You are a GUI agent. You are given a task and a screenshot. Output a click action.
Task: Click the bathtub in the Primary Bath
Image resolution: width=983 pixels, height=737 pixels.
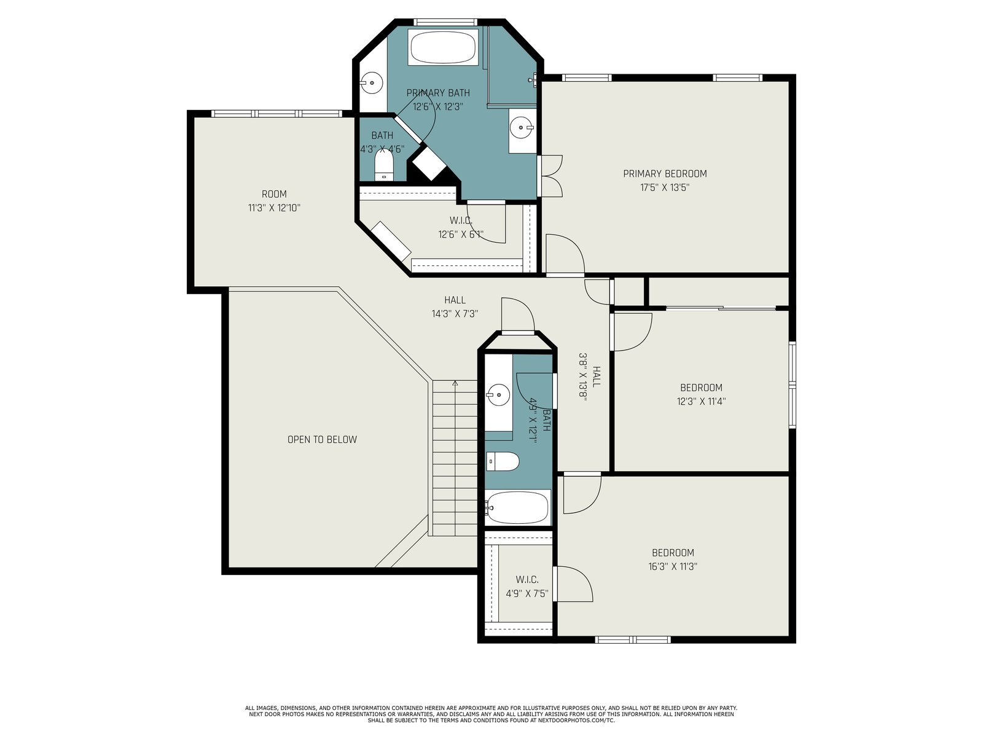(442, 47)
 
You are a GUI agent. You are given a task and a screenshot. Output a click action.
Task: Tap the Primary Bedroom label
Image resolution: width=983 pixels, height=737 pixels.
(665, 174)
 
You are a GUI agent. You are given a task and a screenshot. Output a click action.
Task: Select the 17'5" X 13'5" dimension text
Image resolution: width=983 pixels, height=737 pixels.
(665, 187)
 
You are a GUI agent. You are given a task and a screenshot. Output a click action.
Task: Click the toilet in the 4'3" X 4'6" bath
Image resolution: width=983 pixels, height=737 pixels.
(383, 165)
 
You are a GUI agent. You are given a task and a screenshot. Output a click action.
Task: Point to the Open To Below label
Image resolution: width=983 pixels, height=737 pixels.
(322, 439)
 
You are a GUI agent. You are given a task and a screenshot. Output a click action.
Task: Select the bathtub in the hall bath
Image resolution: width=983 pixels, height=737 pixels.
(518, 507)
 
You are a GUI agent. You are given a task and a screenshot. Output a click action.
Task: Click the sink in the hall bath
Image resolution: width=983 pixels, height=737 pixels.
(498, 395)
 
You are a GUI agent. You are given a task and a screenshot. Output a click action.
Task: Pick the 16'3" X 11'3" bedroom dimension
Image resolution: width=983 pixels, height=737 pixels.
(673, 566)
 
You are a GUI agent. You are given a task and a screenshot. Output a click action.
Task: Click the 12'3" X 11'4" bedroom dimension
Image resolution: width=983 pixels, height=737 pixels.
(701, 402)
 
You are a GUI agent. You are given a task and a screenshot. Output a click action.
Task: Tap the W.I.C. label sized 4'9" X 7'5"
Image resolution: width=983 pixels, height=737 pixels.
(527, 580)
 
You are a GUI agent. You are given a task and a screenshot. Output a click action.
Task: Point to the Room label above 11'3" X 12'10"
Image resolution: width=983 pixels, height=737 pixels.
(274, 194)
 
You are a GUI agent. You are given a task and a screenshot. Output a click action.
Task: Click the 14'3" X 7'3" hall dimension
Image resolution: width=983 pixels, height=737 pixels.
(455, 314)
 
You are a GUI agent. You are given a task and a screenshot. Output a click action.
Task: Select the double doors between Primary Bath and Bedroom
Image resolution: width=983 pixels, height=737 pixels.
(549, 176)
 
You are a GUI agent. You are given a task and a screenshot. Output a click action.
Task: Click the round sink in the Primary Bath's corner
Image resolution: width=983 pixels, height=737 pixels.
(371, 83)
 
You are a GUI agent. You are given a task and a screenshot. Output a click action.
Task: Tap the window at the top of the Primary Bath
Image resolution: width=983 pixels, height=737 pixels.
(444, 22)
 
